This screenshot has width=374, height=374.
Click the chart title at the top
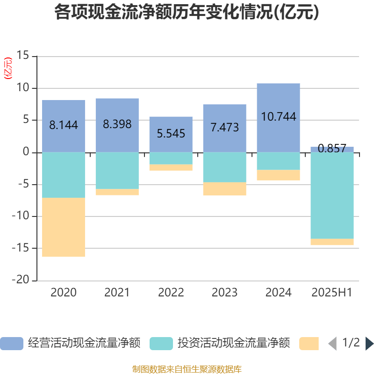coord(187,13)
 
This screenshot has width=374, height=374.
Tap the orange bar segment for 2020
coord(64,227)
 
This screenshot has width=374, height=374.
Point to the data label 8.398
coord(117,124)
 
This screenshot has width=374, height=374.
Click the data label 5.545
coord(171,134)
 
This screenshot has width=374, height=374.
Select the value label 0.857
coord(332,149)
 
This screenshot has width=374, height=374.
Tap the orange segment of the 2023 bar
coord(224,189)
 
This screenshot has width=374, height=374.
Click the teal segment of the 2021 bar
coord(117,171)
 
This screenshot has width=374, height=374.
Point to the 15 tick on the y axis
coord(23,56)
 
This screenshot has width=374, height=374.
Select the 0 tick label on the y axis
coord(26,152)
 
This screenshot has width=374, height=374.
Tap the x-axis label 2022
coord(171,293)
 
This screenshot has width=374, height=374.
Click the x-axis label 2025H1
coord(332,293)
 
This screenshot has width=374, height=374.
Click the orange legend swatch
coord(309,343)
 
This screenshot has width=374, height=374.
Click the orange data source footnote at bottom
coord(187,369)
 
